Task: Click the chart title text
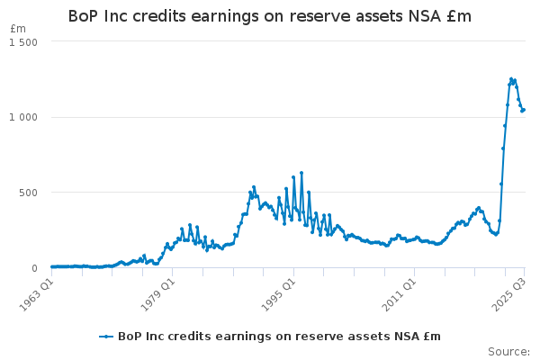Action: coord(270,17)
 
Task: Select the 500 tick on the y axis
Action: coord(28,193)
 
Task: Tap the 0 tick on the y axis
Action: coord(34,268)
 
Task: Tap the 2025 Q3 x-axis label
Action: coord(507,293)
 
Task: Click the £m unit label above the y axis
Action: coord(18,29)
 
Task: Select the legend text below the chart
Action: coord(279,337)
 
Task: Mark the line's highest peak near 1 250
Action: coord(511,79)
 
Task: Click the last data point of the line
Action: coord(524,110)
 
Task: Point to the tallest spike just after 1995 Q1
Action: coord(301,173)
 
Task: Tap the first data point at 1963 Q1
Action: coord(51,266)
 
